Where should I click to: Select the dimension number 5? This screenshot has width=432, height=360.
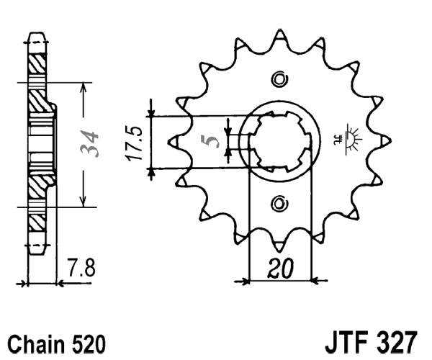pyautogui.click(x=212, y=140)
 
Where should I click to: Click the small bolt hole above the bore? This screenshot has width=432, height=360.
pyautogui.click(x=279, y=78)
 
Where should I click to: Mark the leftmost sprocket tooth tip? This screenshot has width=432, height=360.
pyautogui.click(x=170, y=141)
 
